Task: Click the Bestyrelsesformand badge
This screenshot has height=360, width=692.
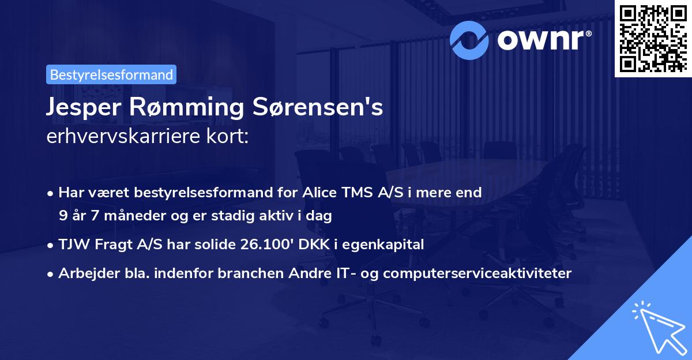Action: pyautogui.click(x=111, y=74)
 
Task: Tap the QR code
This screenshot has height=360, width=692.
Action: pyautogui.click(x=653, y=38)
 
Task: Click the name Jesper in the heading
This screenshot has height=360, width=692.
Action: pyautogui.click(x=80, y=108)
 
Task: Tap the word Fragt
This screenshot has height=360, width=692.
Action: pyautogui.click(x=110, y=245)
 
